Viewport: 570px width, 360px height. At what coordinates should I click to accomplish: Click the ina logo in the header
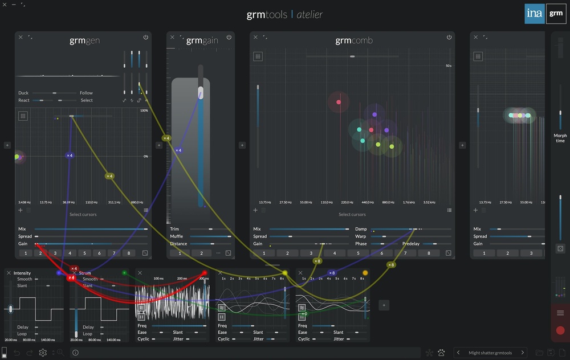coord(535,14)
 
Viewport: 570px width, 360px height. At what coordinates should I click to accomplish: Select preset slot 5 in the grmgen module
coord(84,253)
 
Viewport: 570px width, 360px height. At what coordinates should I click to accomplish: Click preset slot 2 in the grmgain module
coord(201,253)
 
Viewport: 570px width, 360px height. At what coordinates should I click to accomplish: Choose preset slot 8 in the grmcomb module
coord(429,253)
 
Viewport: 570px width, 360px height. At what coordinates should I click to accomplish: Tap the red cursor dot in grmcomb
coord(339,103)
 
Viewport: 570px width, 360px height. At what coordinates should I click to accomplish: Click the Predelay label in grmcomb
coord(411,244)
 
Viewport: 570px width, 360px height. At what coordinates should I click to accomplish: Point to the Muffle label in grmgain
coord(177,236)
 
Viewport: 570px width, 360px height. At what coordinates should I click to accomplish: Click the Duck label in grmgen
coord(23,93)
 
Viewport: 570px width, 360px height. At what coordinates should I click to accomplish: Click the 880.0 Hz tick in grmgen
coord(137,202)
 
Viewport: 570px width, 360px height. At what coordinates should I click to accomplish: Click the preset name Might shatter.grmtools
coord(490,353)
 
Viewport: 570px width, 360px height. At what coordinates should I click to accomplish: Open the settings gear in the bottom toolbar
coord(43,353)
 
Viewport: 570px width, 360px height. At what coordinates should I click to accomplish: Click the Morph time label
coord(560,138)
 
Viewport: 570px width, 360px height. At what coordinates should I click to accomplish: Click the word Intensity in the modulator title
coord(22,273)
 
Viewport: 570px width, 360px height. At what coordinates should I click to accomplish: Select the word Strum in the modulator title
coord(85,273)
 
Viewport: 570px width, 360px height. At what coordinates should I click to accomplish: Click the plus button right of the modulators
coord(384,305)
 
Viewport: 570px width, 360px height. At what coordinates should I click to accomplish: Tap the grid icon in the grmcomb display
coord(258,56)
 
